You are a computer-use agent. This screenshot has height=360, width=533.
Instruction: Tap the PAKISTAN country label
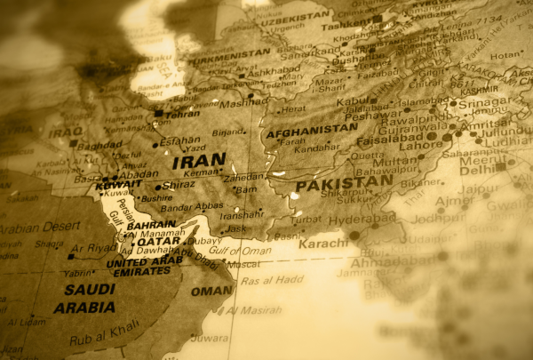tap(344, 182)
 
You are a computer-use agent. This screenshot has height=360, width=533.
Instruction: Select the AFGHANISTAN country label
tap(312, 130)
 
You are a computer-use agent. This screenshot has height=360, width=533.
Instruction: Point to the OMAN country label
tap(211, 291)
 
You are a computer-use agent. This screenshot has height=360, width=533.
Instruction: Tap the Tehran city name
tap(182, 114)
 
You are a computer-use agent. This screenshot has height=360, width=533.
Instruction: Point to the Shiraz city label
tap(179, 187)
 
